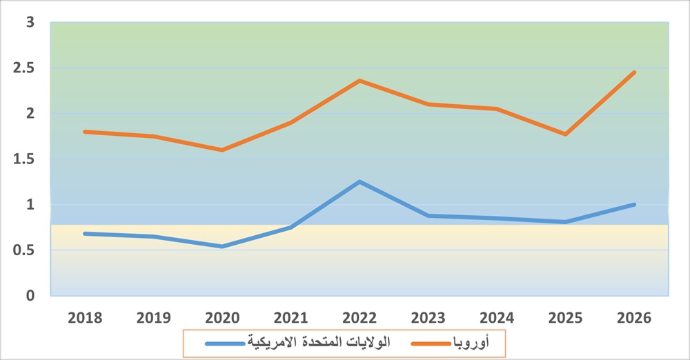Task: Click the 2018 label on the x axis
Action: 85,318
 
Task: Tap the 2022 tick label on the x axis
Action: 359,318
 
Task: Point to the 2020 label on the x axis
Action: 222,318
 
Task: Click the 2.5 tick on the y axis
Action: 26,68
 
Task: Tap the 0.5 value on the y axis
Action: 26,250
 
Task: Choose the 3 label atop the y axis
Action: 30,22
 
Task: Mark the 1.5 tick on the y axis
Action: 26,159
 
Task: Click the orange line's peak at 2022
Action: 359,81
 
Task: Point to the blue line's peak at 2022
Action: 359,181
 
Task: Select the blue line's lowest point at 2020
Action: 222,246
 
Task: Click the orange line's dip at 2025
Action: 566,134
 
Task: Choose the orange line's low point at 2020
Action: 222,150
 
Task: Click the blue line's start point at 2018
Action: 85,233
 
